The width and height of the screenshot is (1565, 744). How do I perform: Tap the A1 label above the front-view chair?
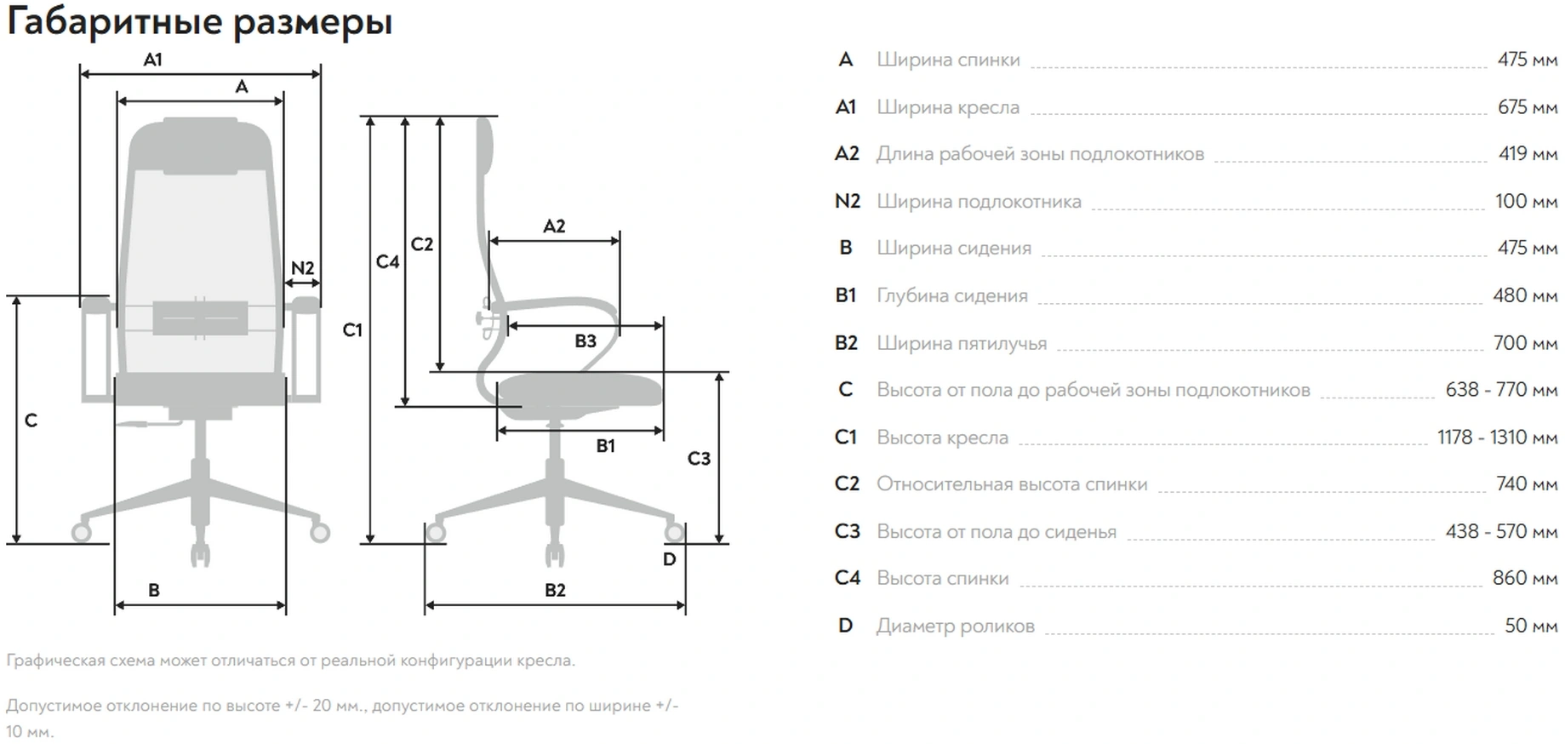click(x=152, y=60)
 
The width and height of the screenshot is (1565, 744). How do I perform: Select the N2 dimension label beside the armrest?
click(x=302, y=268)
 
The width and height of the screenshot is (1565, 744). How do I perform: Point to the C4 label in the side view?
click(x=387, y=261)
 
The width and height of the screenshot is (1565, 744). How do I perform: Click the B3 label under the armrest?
click(x=585, y=341)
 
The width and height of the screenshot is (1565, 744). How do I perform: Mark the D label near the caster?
click(x=669, y=559)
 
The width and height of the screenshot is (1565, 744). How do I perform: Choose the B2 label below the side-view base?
click(x=555, y=590)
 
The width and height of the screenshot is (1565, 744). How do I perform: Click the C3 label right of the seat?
click(x=699, y=459)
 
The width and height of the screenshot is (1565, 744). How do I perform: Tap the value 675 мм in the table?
click(x=1527, y=107)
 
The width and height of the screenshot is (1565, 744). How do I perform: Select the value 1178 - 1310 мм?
click(x=1497, y=438)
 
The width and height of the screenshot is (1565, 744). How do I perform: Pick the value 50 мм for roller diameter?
click(x=1530, y=626)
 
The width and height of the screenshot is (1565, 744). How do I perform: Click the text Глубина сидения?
click(x=951, y=296)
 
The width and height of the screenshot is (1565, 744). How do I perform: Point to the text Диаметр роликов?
click(x=955, y=627)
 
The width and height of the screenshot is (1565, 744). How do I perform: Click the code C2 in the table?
click(x=847, y=484)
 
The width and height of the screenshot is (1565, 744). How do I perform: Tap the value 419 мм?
click(x=1528, y=154)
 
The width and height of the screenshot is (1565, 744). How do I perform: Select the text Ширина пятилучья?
click(x=962, y=344)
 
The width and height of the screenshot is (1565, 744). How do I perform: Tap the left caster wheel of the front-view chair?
click(x=82, y=533)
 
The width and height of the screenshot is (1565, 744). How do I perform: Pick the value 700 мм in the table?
click(x=1525, y=343)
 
